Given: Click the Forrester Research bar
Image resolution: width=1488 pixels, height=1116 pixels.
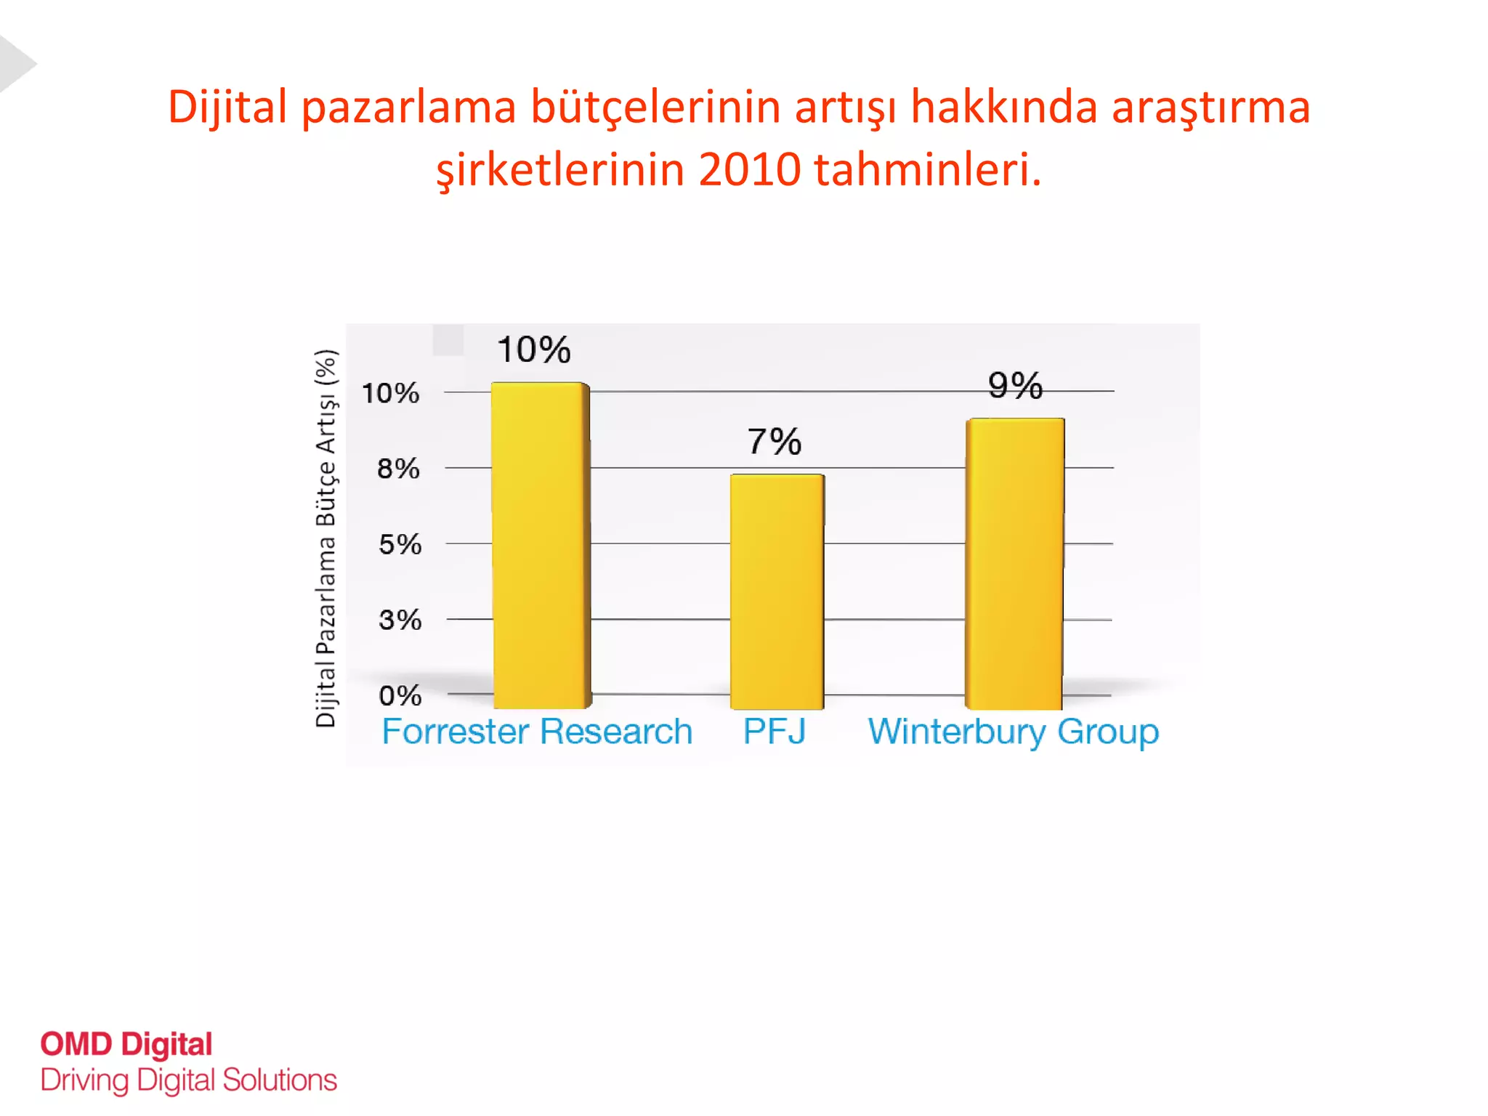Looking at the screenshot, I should [x=541, y=545].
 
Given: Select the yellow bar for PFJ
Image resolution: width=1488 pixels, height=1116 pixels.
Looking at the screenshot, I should [x=777, y=591].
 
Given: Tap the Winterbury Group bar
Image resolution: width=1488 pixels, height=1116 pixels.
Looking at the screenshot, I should [x=1014, y=563].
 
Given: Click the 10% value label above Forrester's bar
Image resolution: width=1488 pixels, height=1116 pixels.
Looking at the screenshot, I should [x=534, y=350].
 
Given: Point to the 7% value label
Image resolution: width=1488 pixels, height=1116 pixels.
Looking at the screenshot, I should [x=775, y=442].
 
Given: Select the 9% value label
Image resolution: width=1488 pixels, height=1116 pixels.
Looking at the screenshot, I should [x=1015, y=385].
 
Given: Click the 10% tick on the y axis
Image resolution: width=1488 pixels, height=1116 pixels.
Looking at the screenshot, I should [x=391, y=394].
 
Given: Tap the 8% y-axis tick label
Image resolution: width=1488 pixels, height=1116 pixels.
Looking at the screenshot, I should [x=398, y=469].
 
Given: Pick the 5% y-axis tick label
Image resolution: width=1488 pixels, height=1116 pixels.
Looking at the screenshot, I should [x=400, y=545].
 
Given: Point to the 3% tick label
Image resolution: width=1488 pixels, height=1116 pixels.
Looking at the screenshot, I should [x=400, y=620].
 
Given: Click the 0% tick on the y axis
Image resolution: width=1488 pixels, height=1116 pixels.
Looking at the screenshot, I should [x=400, y=696].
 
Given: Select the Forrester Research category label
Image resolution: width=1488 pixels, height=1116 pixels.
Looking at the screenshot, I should [x=537, y=732].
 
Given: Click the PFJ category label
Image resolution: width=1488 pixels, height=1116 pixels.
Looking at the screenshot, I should [x=775, y=732].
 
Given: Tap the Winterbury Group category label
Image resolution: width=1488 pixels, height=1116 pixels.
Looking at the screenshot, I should [x=1014, y=732].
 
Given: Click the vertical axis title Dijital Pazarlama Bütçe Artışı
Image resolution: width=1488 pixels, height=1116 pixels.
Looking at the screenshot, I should [x=326, y=538].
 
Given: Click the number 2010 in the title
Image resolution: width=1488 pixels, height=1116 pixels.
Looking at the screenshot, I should [x=749, y=170].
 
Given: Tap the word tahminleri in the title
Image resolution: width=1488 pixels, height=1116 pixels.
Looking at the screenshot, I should [x=927, y=170].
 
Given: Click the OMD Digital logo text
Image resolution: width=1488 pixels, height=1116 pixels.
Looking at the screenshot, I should [x=126, y=1044].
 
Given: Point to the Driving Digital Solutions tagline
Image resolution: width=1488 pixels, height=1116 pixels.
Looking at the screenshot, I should [x=189, y=1080].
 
